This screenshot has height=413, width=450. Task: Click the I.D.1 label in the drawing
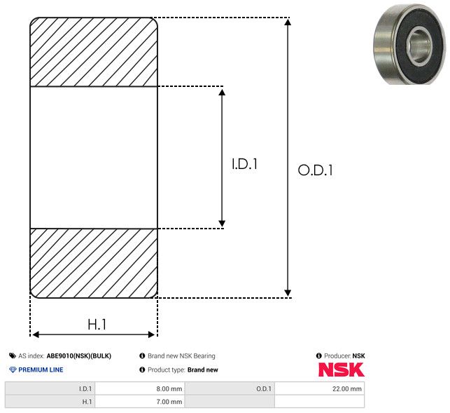coord(244,164)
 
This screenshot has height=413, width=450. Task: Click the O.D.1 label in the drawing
coord(316,170)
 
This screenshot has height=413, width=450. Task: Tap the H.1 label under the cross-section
coord(97,325)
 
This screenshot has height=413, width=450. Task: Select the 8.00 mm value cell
coord(140,389)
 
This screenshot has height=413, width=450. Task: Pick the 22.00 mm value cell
coord(319,389)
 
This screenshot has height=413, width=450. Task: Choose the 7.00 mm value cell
coord(140,402)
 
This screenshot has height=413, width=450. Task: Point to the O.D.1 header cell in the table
coord(230,389)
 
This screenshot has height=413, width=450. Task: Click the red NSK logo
coord(342,370)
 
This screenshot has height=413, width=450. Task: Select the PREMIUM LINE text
coord(41,370)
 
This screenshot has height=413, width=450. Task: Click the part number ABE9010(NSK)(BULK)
coord(79,356)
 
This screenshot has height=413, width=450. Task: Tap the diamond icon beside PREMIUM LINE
coord(13,370)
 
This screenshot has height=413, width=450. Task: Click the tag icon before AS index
coord(13,356)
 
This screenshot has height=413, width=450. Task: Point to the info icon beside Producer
coord(318,356)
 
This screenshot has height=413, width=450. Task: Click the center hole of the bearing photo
coord(419,46)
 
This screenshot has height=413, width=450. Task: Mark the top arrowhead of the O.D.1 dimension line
coord(288,22)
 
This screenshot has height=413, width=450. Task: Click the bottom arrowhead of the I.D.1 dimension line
coord(222,224)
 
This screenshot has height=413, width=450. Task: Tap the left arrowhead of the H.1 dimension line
coord(36,334)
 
